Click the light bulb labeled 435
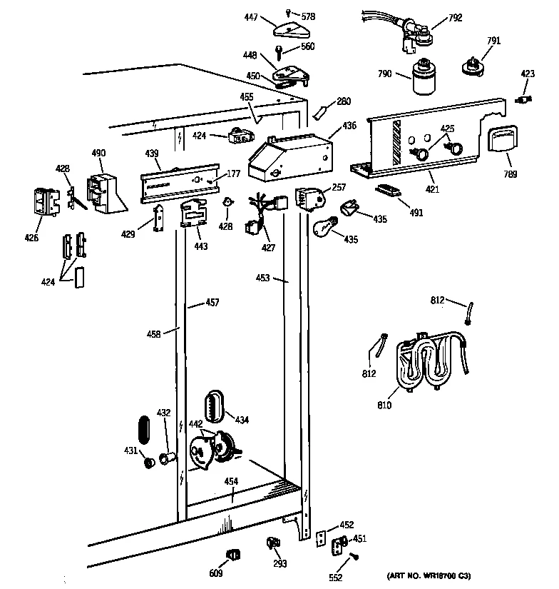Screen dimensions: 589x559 point(325,227)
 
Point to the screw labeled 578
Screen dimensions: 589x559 point(287,14)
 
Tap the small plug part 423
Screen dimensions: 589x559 point(526,99)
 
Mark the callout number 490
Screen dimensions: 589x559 point(98,153)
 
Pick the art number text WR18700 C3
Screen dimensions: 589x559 point(429,575)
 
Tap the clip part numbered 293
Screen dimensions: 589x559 point(272,544)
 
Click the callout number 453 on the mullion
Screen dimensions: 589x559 point(263,278)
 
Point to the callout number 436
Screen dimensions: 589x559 point(349,126)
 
